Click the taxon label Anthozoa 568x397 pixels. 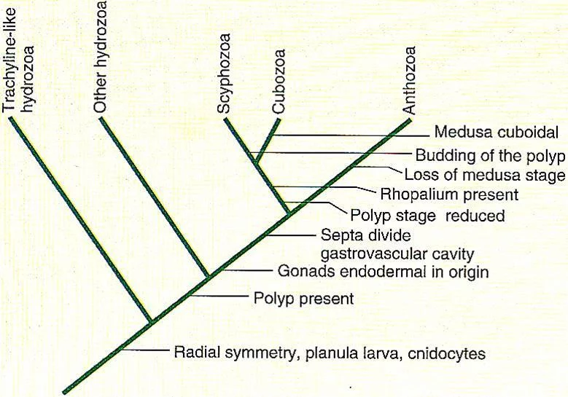(x=409, y=81)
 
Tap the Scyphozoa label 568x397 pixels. (x=224, y=73)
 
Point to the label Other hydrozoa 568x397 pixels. (x=100, y=56)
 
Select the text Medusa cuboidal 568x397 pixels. (x=497, y=133)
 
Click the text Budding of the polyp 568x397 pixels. (x=490, y=156)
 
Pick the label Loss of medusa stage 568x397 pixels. (x=485, y=175)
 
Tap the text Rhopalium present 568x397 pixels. (x=449, y=194)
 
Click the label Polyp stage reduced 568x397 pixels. (x=427, y=216)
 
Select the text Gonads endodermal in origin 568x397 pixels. (x=383, y=272)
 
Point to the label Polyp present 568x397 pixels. (x=303, y=299)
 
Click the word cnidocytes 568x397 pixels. (x=446, y=353)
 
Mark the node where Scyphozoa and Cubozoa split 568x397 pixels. (x=256, y=162)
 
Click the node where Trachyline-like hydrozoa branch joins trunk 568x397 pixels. (x=152, y=321)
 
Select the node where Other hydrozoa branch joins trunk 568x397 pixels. (x=209, y=277)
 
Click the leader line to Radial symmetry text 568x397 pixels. (x=145, y=350)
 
